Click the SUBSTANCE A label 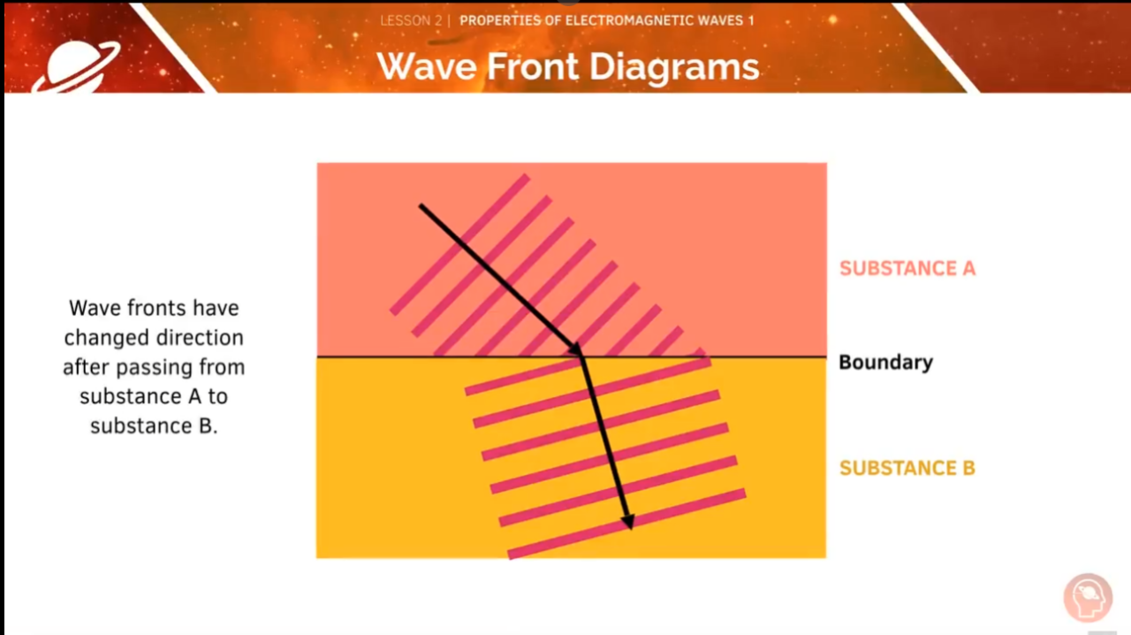[907, 268]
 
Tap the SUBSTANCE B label [907, 468]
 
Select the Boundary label [885, 362]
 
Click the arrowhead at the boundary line [576, 351]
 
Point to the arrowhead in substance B [627, 521]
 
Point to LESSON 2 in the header [411, 20]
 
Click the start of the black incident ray [421, 207]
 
